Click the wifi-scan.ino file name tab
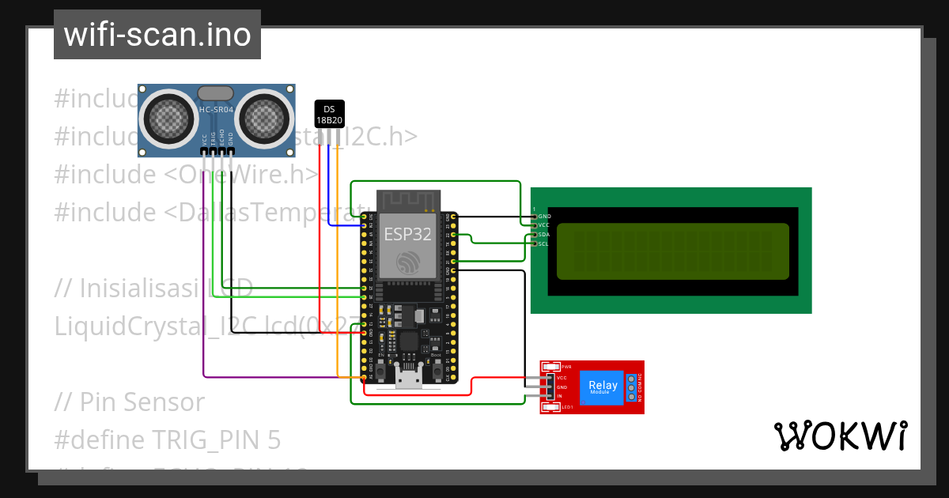(x=157, y=35)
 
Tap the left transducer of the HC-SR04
(x=168, y=118)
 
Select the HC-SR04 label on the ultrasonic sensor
(x=216, y=110)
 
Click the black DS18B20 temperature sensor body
(x=329, y=115)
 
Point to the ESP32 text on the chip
(x=407, y=234)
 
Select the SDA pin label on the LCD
(x=543, y=235)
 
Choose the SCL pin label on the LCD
(x=543, y=244)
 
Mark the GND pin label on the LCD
(x=544, y=216)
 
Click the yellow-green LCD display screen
(x=672, y=251)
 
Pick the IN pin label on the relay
(x=560, y=396)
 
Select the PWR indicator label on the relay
(x=567, y=368)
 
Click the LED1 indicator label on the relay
(x=567, y=407)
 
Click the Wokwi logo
(x=840, y=436)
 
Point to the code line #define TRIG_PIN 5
(x=167, y=440)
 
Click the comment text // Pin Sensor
(x=129, y=402)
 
